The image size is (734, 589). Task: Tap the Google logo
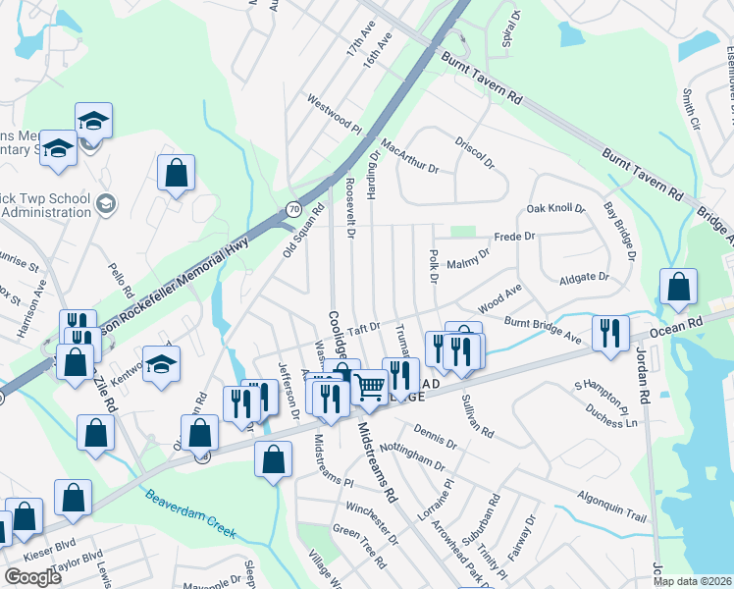point(32,577)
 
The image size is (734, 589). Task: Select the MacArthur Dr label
point(410,157)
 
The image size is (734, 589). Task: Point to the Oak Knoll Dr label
point(555,209)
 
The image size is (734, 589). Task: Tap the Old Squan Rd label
point(303,230)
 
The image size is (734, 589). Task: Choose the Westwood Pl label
point(335,115)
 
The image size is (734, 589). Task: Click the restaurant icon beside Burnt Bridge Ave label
point(610,332)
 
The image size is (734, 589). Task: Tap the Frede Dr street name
point(514,237)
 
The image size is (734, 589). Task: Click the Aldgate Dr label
point(584,279)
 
